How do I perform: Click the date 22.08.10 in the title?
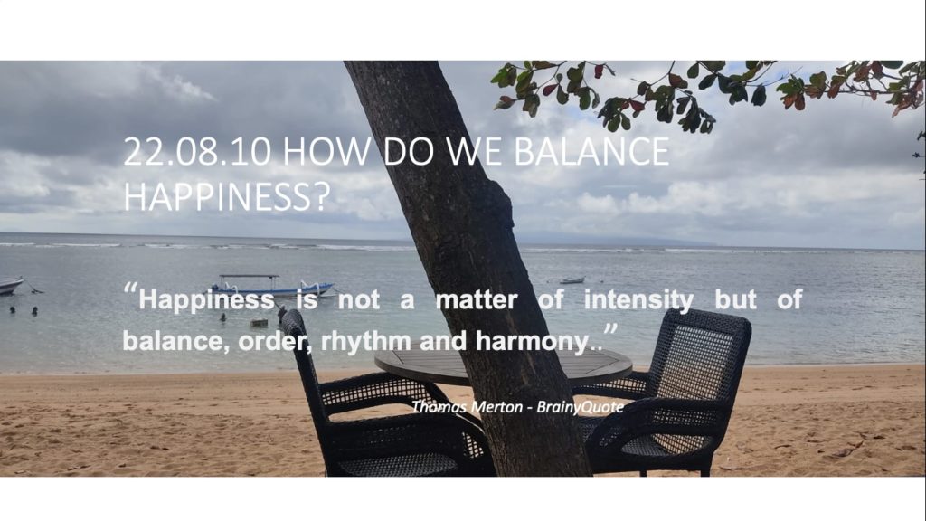197,152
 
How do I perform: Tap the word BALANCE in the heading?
591,152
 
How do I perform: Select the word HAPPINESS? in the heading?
226,196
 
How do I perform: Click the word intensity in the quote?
638,300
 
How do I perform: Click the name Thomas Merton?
467,407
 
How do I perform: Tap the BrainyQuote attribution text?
580,407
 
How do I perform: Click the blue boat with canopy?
270,286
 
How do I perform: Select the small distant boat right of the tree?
572,280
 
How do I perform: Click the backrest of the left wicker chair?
301,360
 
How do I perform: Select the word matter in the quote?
476,300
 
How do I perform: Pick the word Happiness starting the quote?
206,300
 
